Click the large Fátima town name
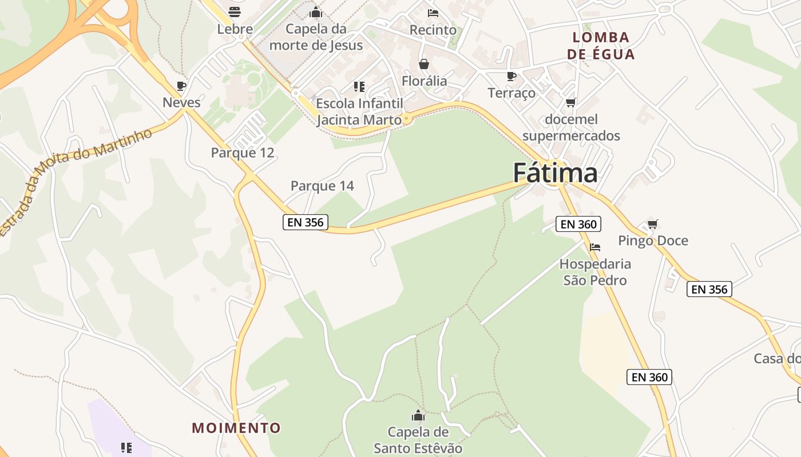click(x=555, y=173)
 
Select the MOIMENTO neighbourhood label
click(x=236, y=428)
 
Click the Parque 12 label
click(x=243, y=153)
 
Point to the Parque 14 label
click(x=322, y=186)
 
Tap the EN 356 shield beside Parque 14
click(x=306, y=222)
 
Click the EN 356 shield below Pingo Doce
click(x=709, y=289)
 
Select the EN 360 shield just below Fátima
click(x=579, y=224)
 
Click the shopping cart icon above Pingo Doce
click(x=652, y=224)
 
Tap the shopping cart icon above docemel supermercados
click(x=570, y=103)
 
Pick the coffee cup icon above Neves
click(x=181, y=86)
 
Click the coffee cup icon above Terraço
click(x=511, y=76)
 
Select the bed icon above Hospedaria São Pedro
click(x=595, y=247)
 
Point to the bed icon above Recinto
click(x=433, y=13)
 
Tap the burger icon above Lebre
click(x=235, y=11)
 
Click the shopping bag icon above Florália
click(x=424, y=64)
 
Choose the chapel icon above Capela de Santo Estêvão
click(x=418, y=415)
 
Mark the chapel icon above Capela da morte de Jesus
click(x=316, y=12)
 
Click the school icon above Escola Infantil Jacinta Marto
click(x=359, y=87)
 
